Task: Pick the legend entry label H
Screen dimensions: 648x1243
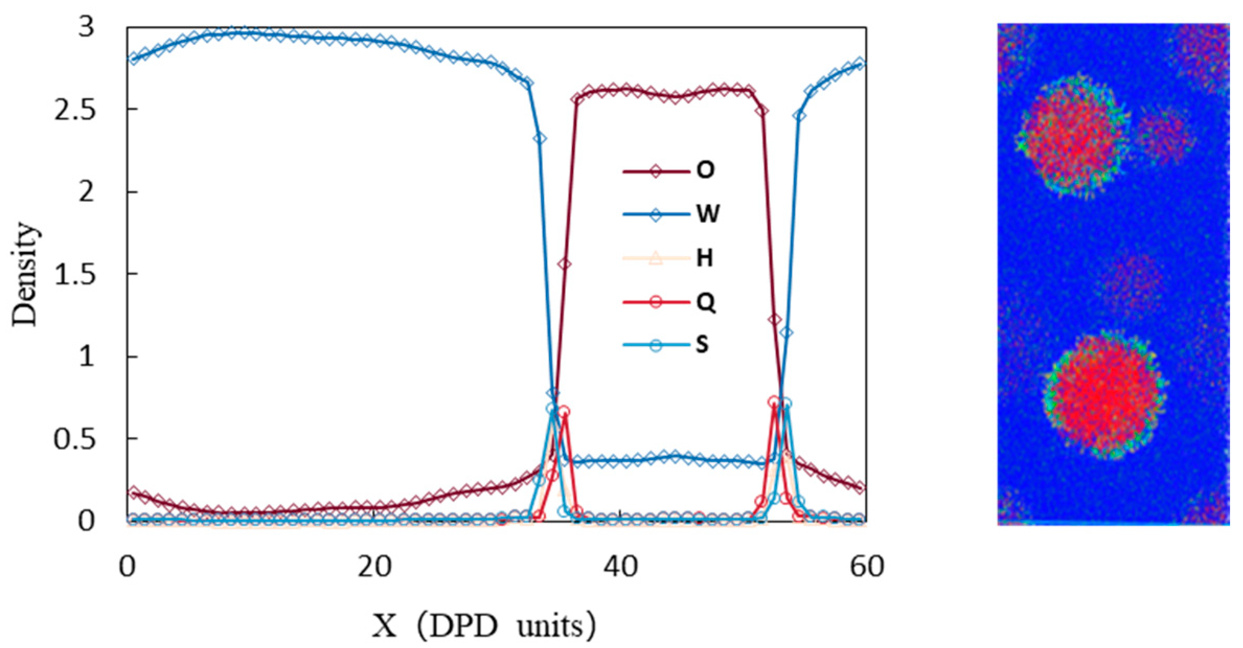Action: (704, 258)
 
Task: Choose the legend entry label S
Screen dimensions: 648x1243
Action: (703, 345)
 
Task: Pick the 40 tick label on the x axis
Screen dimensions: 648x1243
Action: (620, 566)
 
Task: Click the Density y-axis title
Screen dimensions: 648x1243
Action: (26, 274)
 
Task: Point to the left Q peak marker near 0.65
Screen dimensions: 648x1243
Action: (564, 412)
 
